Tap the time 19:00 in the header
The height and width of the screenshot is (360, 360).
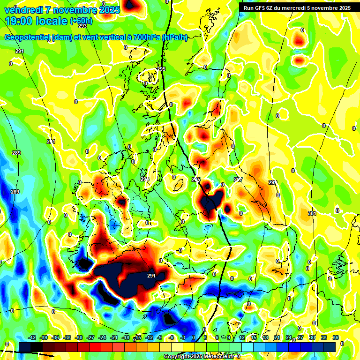tap(21, 21)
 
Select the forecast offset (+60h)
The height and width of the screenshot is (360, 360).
tap(81, 21)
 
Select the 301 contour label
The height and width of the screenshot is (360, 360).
tap(312, 214)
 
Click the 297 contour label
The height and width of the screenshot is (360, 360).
tap(238, 179)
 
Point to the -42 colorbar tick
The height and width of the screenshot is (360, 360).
tap(32, 337)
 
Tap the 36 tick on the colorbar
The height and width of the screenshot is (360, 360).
tap(336, 337)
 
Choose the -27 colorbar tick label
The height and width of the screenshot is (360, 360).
tap(90, 337)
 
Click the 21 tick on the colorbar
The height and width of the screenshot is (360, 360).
tap(277, 337)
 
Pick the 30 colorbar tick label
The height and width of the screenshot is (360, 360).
tap(312, 337)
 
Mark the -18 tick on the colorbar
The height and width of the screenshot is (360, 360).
tap(126, 337)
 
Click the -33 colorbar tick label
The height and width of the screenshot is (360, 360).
tap(67, 337)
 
